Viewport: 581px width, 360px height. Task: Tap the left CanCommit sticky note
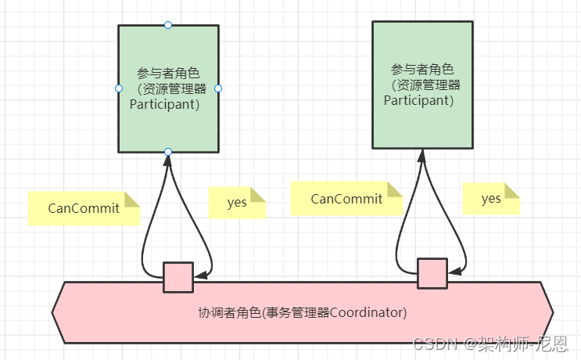pos(84,208)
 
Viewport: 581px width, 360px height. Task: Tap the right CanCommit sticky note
pos(346,199)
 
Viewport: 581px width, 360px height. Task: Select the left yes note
pos(237,203)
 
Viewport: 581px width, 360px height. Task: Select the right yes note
pos(491,199)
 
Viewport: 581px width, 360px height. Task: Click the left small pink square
pos(178,277)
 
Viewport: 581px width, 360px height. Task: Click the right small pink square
pos(432,273)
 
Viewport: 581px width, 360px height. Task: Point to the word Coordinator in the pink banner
pos(368,313)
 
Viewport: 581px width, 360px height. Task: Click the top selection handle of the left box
pos(168,25)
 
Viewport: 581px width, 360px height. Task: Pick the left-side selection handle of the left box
pos(118,88)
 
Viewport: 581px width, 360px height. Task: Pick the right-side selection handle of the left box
pos(218,88)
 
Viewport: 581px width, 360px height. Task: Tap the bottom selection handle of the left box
pos(168,151)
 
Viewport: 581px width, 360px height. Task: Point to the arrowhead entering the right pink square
pos(453,272)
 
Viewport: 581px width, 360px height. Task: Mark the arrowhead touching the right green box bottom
pos(422,155)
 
